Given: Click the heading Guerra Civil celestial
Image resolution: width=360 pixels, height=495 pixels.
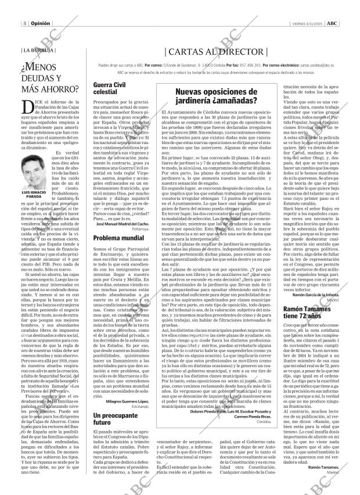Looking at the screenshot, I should coord(100,88).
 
